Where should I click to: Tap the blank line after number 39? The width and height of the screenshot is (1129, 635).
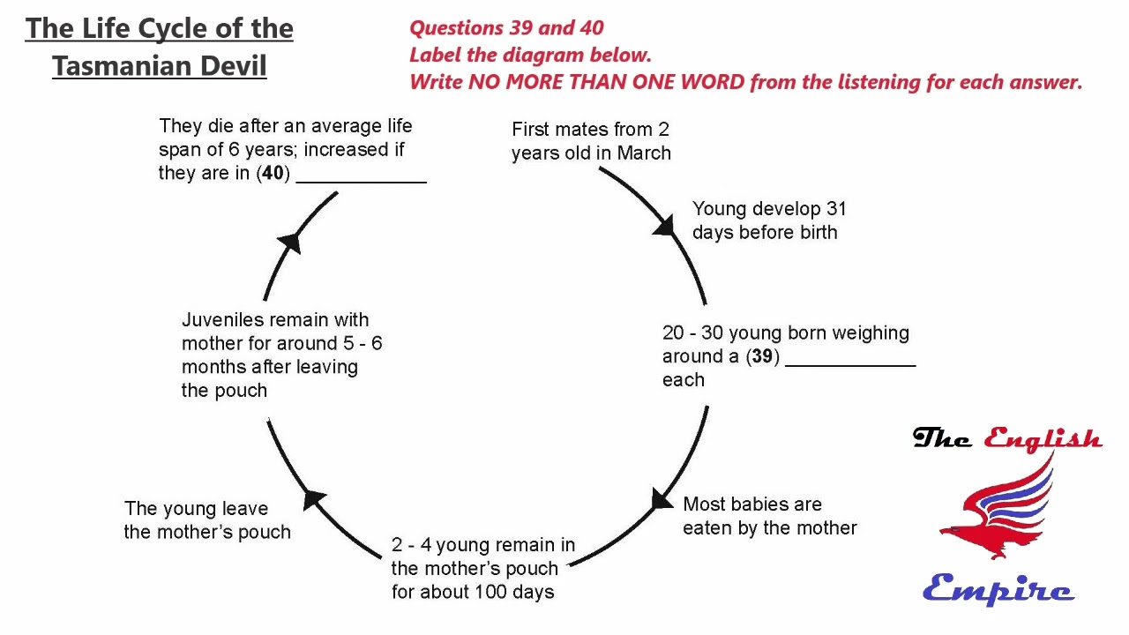pyautogui.click(x=850, y=360)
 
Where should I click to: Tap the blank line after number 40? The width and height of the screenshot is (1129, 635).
pyautogui.click(x=362, y=176)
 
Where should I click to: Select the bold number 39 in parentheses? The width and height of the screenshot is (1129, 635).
pyautogui.click(x=762, y=356)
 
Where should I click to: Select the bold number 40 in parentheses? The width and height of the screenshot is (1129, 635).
pyautogui.click(x=273, y=173)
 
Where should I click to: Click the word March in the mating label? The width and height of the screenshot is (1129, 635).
pyautogui.click(x=644, y=153)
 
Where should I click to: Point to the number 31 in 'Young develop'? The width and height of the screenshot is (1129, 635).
pyautogui.click(x=835, y=209)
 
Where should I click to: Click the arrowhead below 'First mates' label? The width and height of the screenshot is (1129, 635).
pyautogui.click(x=664, y=227)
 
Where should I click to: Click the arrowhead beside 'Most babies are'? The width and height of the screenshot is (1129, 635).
pyautogui.click(x=662, y=500)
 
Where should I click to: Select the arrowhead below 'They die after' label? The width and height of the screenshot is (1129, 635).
pyautogui.click(x=289, y=242)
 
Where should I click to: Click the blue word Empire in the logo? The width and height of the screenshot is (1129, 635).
pyautogui.click(x=998, y=588)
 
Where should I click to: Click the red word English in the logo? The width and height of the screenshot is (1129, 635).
pyautogui.click(x=1043, y=438)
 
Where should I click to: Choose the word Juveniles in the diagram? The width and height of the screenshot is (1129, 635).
pyautogui.click(x=222, y=319)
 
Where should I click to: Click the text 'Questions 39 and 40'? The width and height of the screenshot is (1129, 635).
pyautogui.click(x=506, y=27)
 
